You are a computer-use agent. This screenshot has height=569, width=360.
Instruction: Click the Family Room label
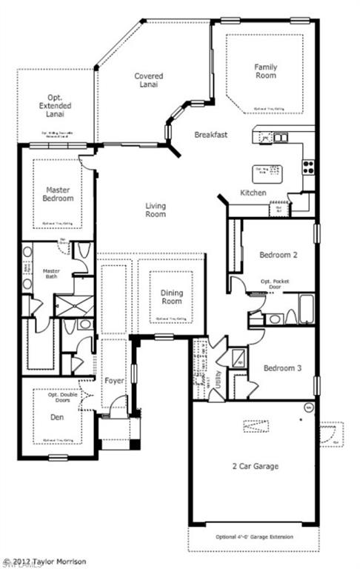pos(265,70)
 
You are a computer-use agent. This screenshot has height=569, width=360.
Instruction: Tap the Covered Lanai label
pos(148,80)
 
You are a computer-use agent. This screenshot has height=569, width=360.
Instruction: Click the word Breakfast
pos(210,135)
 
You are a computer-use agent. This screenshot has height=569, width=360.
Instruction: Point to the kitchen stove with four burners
pos(308,167)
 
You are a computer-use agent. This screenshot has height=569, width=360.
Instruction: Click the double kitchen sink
pos(280,137)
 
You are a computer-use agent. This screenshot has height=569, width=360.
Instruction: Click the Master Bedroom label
pos(57,194)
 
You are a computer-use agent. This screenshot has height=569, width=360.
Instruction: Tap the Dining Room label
pos(172,297)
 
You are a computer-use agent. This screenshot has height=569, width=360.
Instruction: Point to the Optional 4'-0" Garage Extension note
pos(253,537)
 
